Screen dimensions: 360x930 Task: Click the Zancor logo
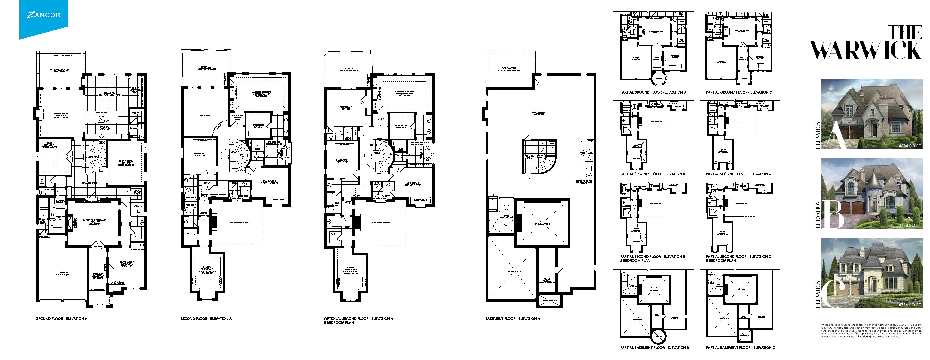coord(43,15)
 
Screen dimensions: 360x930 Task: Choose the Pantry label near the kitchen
coord(135,113)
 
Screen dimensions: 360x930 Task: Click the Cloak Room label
coord(137,192)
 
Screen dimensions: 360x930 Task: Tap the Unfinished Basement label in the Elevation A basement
coord(538,113)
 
